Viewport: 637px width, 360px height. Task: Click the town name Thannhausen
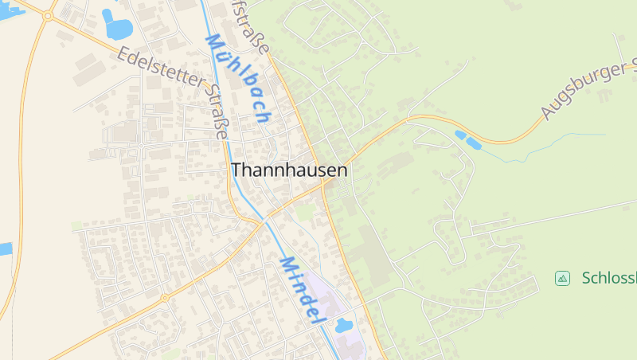(289, 170)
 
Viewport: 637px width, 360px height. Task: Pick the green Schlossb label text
(608, 278)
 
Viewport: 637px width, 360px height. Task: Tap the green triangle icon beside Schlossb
(562, 278)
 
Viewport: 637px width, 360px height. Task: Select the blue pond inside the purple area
(344, 325)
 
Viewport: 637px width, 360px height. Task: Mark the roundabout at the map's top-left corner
(48, 15)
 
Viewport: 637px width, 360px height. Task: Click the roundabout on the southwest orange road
(165, 298)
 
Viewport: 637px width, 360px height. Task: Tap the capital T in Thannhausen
(236, 170)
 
